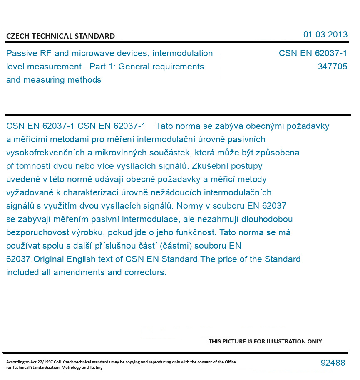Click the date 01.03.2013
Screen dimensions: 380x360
(325, 35)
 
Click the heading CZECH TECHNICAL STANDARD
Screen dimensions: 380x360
(60, 36)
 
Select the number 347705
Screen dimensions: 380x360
(332, 67)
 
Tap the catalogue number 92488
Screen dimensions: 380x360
(333, 363)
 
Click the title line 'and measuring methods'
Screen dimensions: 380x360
(54, 80)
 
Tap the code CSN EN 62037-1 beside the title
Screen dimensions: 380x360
(313, 53)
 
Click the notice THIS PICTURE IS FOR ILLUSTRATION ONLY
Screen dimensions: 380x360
(265, 341)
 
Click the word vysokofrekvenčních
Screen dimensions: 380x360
(45, 153)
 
